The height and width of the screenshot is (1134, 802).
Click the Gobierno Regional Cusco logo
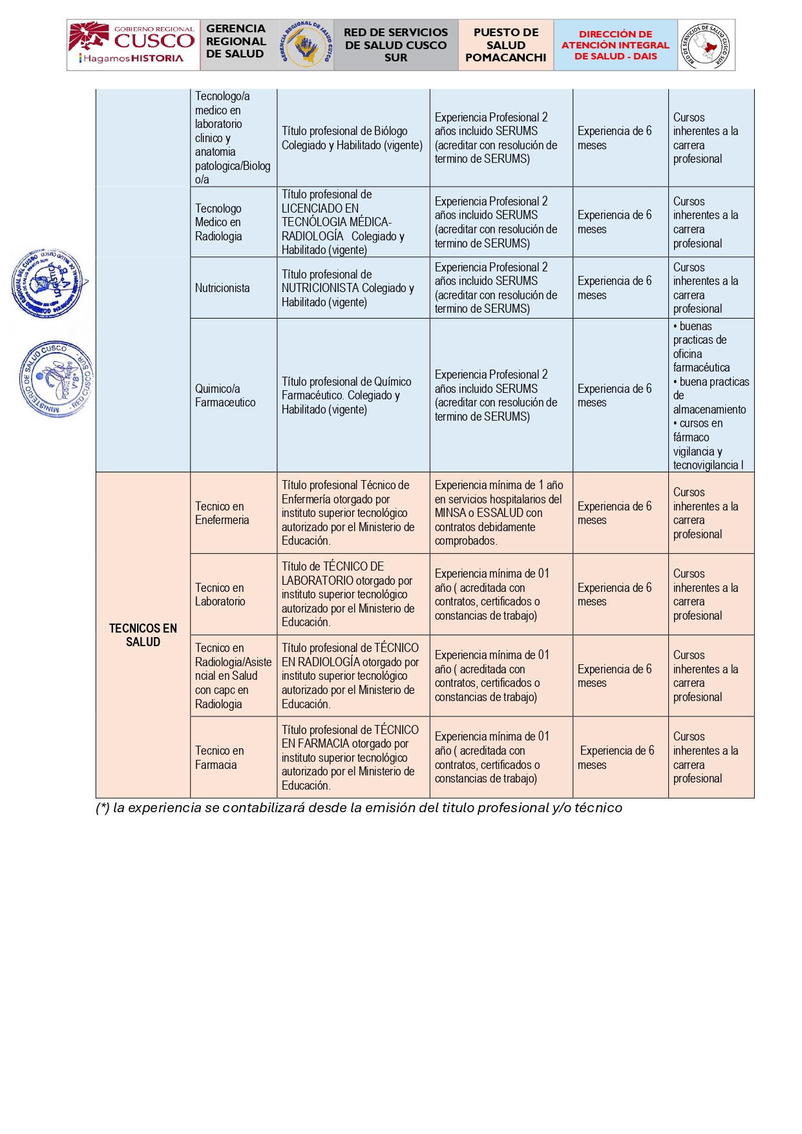pos(133,45)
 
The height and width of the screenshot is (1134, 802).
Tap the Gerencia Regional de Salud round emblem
pos(306,45)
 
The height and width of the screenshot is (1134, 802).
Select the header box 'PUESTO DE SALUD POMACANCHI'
pos(505,45)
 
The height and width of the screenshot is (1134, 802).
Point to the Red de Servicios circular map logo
pos(706,45)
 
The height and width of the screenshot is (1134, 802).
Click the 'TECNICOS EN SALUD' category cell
pos(143,635)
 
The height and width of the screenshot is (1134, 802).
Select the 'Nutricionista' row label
pos(222,288)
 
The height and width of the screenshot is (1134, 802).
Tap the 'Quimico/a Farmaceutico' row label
pos(226,395)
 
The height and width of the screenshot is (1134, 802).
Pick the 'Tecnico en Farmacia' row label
pos(220,757)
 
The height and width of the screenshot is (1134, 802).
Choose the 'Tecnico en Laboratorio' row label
pos(220,594)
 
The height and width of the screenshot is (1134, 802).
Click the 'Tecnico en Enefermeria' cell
pos(222,513)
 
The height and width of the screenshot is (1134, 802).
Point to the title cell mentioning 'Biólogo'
pos(352,138)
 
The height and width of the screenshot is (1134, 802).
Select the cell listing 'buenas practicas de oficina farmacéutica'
pos(710,395)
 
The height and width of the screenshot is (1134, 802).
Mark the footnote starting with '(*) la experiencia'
pos(359,808)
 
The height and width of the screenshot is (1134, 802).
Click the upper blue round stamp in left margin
pos(48,284)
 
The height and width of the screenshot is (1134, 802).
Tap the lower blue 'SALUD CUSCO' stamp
pos(56,379)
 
